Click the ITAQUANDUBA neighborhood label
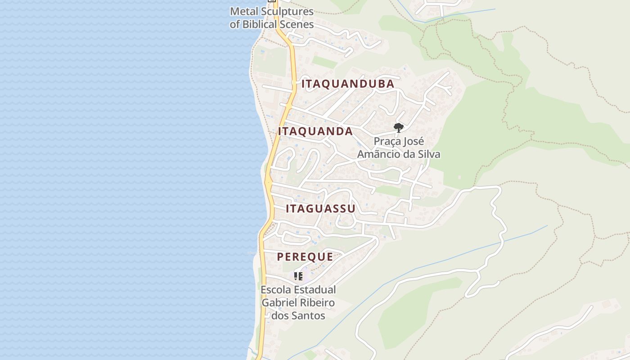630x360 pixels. point(348,84)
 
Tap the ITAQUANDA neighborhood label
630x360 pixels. point(315,131)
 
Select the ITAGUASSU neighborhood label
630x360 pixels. point(320,209)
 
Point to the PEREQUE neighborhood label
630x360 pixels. point(305,257)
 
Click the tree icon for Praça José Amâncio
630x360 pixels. point(398,127)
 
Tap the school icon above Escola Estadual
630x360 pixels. point(298,276)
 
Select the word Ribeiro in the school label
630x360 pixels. point(318,302)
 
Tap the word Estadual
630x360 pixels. point(315,290)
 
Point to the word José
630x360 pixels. point(413,141)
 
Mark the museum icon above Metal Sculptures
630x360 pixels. point(271,1)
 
